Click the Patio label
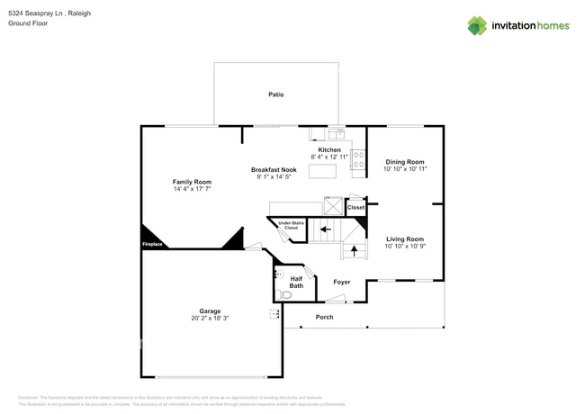[x=276, y=94]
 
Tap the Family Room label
[x=192, y=182]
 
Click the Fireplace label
[x=152, y=244]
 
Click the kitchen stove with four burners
[x=357, y=159]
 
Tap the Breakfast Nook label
[x=274, y=169]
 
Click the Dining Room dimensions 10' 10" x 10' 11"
[x=404, y=168]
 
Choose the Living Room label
[x=404, y=238]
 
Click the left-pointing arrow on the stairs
[x=325, y=229]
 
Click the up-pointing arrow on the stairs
[x=355, y=249]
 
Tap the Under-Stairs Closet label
[x=290, y=225]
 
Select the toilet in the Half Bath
[x=286, y=294]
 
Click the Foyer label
[x=341, y=282]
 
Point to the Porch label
[x=324, y=317]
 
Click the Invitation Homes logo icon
[x=476, y=25]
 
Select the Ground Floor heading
[x=30, y=24]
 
